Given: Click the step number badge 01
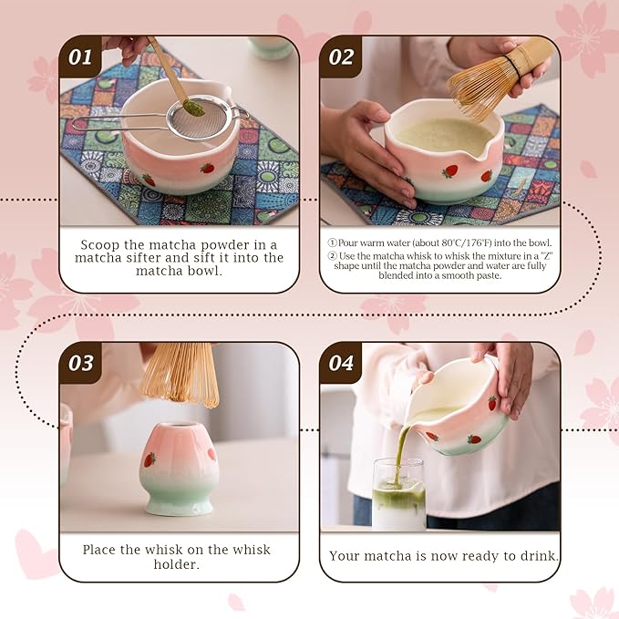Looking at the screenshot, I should [81, 57].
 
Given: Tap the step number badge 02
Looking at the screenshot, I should [341, 57].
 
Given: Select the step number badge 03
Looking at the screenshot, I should [81, 363].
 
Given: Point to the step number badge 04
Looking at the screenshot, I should [341, 363].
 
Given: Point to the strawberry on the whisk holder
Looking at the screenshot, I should [150, 459].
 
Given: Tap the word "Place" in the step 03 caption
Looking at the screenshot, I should [101, 550].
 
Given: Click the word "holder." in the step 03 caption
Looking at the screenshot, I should [180, 563].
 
